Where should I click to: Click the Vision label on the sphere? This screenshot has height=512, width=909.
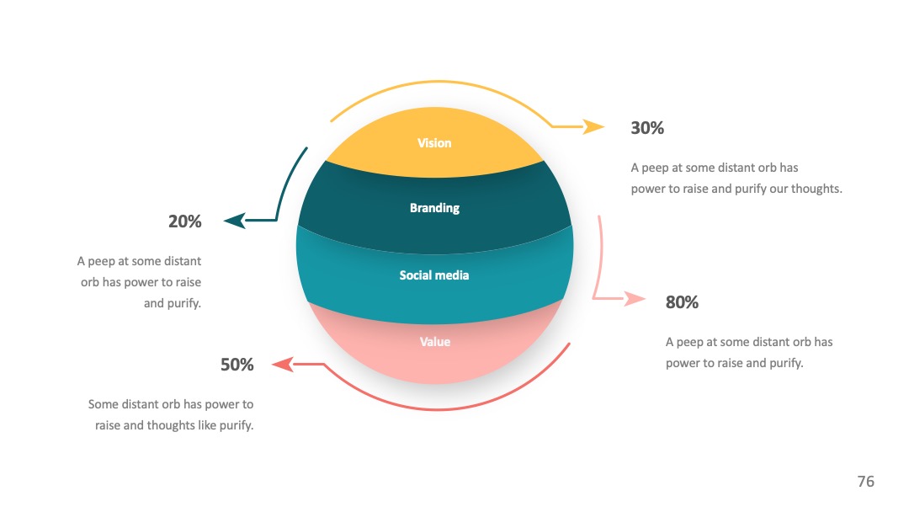(434, 142)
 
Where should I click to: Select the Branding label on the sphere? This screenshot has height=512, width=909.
(434, 208)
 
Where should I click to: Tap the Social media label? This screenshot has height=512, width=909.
(434, 275)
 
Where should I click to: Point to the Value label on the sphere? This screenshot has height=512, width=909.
(435, 342)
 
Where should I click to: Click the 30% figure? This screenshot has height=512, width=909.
(647, 127)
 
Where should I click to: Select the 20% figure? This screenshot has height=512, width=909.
(185, 221)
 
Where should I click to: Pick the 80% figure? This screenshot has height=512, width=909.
(682, 302)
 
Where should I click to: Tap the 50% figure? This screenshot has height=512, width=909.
(237, 364)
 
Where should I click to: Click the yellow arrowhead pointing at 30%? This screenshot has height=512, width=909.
(594, 125)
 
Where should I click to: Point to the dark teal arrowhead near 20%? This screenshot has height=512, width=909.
(235, 221)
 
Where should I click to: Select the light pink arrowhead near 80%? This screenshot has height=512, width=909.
(635, 299)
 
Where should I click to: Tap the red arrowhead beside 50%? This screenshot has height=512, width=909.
(282, 364)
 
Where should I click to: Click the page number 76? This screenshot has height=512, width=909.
(865, 482)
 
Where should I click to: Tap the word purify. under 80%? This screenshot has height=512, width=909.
(786, 363)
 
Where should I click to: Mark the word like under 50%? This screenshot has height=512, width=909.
(207, 425)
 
